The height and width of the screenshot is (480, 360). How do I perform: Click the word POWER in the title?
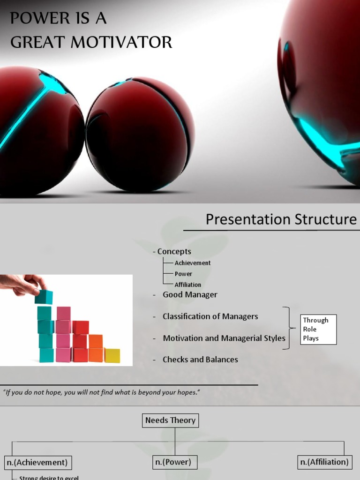click(x=36, y=19)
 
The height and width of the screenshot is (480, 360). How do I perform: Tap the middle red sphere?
click(x=140, y=135)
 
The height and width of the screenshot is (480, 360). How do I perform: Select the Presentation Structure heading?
click(x=281, y=219)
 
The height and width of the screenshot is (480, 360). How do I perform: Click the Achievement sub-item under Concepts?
click(x=193, y=263)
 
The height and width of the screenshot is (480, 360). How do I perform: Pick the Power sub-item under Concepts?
click(x=183, y=274)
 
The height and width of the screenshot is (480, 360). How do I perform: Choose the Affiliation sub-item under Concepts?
click(x=188, y=285)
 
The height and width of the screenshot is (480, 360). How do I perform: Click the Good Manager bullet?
click(x=190, y=294)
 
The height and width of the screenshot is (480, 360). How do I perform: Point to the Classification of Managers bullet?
click(x=210, y=316)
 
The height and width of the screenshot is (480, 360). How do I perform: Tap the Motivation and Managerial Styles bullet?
click(x=224, y=338)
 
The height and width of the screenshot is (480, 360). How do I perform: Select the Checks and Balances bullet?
click(x=200, y=360)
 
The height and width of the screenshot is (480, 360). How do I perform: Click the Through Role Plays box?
click(x=318, y=329)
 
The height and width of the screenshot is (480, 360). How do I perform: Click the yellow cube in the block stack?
click(x=112, y=355)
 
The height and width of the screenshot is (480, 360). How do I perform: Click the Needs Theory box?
click(x=170, y=420)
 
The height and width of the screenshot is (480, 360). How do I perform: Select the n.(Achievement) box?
click(x=37, y=462)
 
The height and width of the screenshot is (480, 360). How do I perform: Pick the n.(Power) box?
click(x=173, y=462)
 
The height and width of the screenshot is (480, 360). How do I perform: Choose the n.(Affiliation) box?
click(x=324, y=462)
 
